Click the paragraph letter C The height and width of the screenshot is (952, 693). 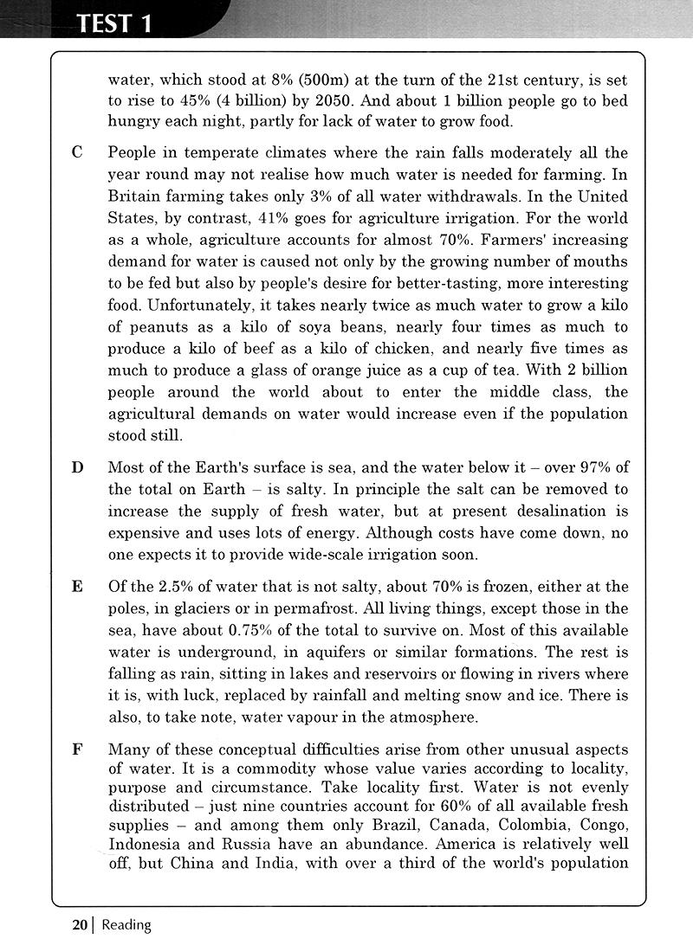click(x=77, y=153)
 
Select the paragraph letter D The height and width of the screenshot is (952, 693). click(x=77, y=468)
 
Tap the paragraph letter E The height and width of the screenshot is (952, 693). click(x=77, y=587)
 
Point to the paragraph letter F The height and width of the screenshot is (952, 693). click(x=77, y=749)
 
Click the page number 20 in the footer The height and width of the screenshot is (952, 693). click(x=80, y=924)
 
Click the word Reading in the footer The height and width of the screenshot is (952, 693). click(x=126, y=924)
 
